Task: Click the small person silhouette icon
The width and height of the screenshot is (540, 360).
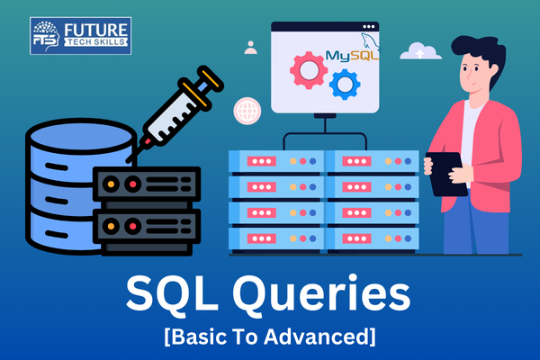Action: [250, 47]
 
